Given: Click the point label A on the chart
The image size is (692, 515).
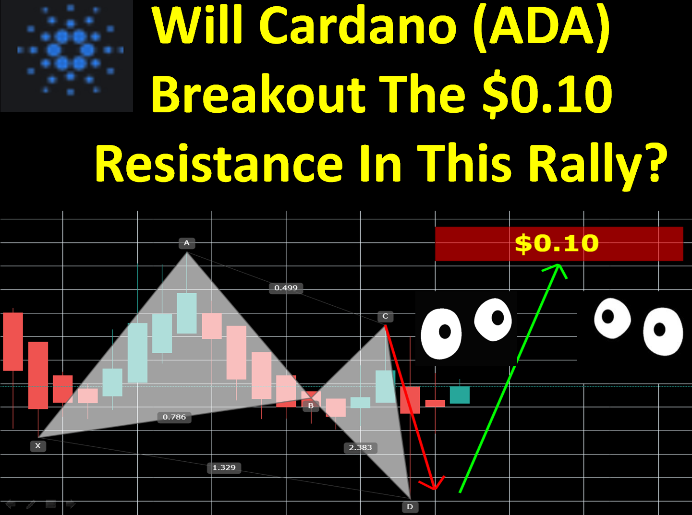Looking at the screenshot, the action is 187,243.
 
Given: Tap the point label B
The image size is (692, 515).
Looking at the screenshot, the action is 311,406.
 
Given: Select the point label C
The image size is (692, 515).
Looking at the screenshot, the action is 385,316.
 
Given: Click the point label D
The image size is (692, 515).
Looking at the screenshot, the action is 410,506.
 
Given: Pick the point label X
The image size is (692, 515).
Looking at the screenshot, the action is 38,446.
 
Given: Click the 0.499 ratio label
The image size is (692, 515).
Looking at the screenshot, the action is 286,287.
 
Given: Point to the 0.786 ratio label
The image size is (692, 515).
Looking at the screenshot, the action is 174,417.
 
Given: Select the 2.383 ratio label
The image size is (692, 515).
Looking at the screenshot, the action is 360,448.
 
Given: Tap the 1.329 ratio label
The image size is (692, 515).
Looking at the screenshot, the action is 224,467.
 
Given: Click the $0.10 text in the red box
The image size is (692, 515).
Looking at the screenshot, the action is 557,243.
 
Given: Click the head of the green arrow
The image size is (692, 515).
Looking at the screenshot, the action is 558,265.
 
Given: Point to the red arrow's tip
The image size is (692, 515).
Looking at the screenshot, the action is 434,490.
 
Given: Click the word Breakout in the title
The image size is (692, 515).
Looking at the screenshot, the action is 258,94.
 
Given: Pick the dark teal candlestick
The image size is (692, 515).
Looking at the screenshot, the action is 460,395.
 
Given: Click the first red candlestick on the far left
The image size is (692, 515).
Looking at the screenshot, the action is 13,342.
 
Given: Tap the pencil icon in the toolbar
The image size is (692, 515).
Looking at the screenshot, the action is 31,504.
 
